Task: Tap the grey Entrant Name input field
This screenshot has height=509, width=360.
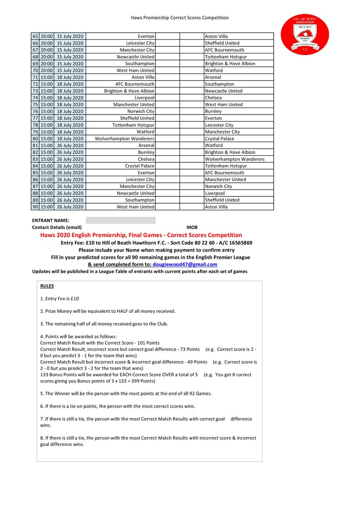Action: pyautogui.click(x=121, y=221)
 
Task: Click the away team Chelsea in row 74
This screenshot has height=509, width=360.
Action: pyautogui.click(x=214, y=98)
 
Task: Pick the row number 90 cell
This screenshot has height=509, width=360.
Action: pyautogui.click(x=35, y=207)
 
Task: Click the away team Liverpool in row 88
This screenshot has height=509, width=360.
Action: pyautogui.click(x=215, y=193)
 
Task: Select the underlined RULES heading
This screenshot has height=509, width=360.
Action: pyautogui.click(x=47, y=286)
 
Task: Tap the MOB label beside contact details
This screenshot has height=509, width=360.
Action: pyautogui.click(x=192, y=228)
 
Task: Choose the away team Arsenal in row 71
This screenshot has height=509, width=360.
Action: pyautogui.click(x=213, y=77)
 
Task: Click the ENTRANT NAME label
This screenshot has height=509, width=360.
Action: pyautogui.click(x=50, y=221)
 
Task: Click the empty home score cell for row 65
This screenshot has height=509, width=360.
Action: pyautogui.click(x=167, y=36)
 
